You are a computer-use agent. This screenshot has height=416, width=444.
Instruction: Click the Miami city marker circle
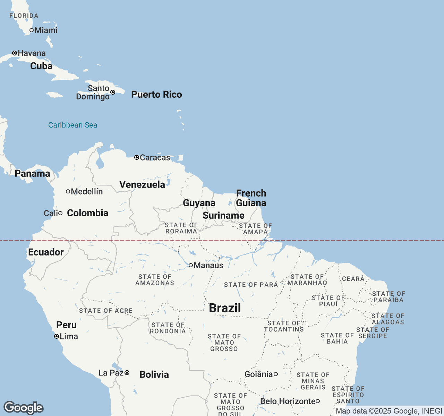[32, 30]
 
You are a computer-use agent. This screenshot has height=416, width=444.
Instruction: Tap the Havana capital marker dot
[15, 53]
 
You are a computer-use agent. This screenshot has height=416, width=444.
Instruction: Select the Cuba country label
[41, 66]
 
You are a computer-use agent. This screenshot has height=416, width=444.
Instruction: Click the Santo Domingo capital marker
[113, 92]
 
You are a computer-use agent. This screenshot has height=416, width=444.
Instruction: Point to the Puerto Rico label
[156, 94]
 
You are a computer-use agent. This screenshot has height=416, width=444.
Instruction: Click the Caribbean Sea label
[72, 125]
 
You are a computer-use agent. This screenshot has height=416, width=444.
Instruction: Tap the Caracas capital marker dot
[137, 157]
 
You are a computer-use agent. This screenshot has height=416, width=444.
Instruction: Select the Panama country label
[32, 173]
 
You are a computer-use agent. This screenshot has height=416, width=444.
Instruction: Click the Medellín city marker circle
[68, 191]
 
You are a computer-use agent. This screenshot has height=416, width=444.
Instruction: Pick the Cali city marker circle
[60, 213]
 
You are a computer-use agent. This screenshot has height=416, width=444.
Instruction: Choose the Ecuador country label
[46, 252]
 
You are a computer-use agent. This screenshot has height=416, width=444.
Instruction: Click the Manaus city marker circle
[191, 265]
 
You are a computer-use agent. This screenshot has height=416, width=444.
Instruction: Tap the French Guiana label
[251, 198]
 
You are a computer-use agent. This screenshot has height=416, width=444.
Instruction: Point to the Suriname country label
[223, 215]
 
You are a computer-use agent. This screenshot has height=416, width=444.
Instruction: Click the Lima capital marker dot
[57, 336]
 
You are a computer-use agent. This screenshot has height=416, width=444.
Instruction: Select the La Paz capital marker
[127, 373]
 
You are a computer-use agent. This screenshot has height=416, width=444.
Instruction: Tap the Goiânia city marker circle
[276, 374]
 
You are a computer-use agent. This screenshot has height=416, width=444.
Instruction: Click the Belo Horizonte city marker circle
[317, 401]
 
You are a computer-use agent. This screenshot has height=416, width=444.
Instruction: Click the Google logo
[23, 408]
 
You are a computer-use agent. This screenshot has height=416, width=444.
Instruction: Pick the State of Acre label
[106, 311]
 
